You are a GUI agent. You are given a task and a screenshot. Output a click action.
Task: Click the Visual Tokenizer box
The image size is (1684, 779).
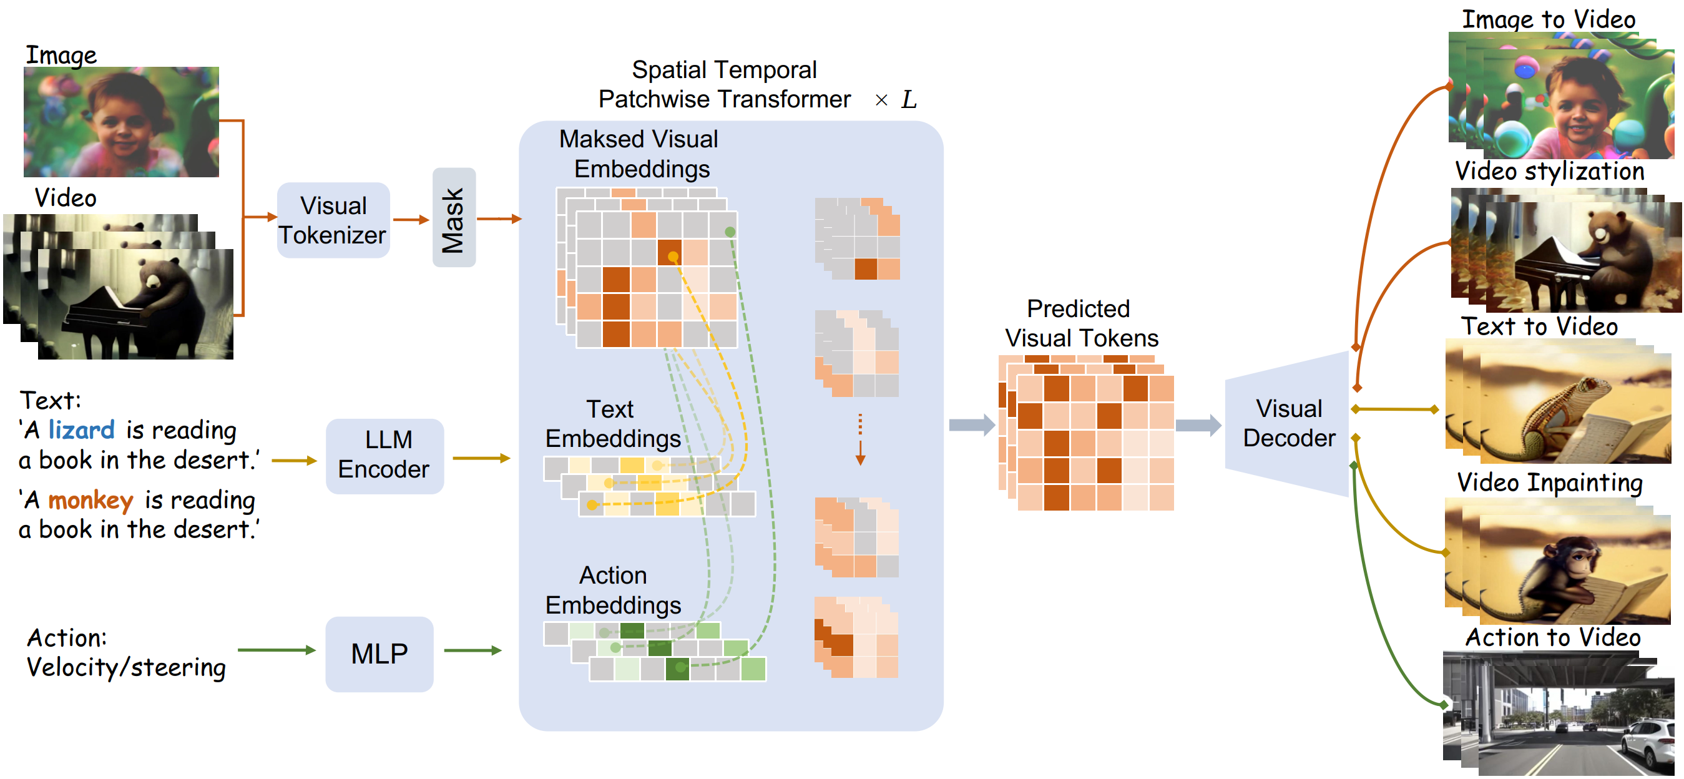333,220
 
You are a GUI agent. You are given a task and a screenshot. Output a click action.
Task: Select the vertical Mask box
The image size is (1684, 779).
454,218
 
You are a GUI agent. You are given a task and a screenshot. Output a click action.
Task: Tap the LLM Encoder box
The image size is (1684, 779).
385,456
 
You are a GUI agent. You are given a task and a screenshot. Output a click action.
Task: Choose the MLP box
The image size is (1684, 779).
379,654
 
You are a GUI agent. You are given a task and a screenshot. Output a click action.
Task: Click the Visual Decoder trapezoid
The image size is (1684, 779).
1286,423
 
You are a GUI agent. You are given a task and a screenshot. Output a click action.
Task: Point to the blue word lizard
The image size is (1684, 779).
82,429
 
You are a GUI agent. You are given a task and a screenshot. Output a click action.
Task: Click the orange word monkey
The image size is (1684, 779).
91,500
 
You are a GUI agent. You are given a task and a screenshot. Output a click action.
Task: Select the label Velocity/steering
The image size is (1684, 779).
126,667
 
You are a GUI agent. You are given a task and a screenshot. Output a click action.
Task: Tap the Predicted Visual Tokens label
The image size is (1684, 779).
1081,323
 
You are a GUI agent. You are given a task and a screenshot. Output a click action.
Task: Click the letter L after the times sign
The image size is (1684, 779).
909,100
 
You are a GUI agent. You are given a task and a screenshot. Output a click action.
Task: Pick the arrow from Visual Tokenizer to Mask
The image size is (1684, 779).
411,220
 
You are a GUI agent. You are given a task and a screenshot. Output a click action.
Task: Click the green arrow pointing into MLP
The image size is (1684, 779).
277,650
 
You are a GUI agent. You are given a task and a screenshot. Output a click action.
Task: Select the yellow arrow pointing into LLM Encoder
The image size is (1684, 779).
294,461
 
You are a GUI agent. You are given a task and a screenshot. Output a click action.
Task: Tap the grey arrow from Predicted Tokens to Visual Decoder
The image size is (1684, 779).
1198,426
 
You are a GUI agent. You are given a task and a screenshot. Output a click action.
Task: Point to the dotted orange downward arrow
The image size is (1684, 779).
860,439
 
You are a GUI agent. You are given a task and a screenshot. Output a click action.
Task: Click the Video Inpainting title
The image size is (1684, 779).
1549,483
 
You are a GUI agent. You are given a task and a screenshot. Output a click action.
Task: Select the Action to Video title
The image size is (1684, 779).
1552,637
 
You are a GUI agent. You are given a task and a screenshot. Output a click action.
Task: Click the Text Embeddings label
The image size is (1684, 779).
612,423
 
